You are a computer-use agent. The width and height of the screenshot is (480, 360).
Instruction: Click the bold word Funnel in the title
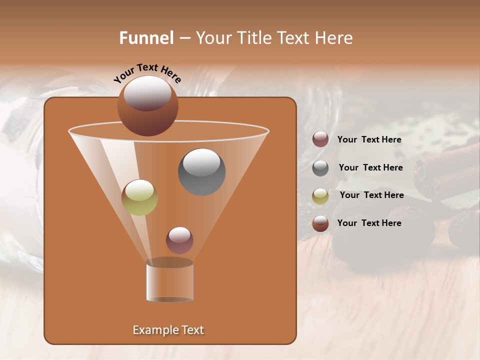(x=146, y=37)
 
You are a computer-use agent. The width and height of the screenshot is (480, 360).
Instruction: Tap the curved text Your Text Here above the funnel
(x=147, y=73)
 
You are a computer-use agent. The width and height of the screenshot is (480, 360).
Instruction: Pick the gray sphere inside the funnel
(x=201, y=172)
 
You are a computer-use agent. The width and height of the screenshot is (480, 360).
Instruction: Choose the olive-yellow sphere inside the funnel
(x=139, y=197)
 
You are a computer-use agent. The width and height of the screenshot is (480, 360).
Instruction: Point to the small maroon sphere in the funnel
(x=179, y=240)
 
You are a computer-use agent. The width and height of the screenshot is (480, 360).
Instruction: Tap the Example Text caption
(x=168, y=330)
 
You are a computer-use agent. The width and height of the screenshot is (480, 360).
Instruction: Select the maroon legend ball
(x=320, y=139)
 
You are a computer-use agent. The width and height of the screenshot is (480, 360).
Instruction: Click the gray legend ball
(x=320, y=168)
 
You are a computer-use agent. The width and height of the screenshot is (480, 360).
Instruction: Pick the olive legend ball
(x=320, y=196)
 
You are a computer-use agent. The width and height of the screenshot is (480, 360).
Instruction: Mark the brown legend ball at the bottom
(x=320, y=223)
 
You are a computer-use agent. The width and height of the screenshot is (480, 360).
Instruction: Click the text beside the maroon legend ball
(x=369, y=139)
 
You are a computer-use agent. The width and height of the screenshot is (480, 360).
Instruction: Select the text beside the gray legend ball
(x=370, y=167)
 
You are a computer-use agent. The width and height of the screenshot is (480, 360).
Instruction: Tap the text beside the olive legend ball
(x=371, y=195)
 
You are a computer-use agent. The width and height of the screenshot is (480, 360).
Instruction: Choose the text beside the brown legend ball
(x=369, y=223)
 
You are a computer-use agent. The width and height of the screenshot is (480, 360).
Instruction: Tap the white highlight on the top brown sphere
(x=147, y=93)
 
